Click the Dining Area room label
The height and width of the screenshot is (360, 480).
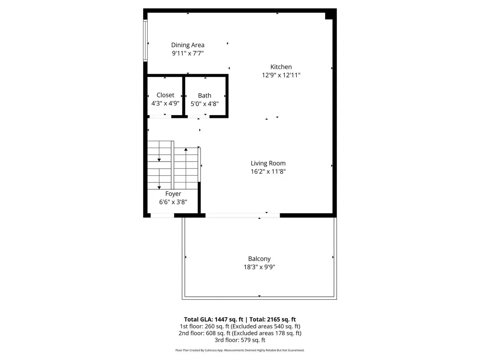point(188,45)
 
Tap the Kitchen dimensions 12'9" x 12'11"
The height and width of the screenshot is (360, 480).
point(281,75)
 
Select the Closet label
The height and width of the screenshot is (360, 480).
point(165,95)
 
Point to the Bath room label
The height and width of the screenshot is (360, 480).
point(204,96)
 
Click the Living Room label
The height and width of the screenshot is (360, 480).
point(268,163)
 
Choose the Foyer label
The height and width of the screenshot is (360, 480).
point(173,194)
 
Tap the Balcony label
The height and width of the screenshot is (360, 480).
point(259,259)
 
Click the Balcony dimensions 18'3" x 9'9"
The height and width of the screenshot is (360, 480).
point(259,267)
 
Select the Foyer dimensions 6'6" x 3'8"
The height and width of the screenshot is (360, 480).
point(173,202)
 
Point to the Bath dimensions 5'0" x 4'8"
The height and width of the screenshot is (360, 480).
point(204,104)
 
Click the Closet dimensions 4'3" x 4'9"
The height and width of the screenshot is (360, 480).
point(165,103)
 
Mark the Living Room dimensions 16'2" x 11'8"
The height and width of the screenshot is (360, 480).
point(268,172)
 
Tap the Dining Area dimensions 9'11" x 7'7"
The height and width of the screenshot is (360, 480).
point(188,53)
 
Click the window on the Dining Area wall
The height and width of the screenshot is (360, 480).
point(146,40)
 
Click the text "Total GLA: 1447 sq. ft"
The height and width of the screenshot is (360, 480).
point(214,319)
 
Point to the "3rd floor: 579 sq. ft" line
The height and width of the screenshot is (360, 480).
point(240,340)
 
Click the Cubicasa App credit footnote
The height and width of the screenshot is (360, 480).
point(240,350)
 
